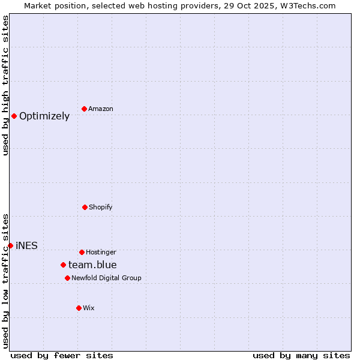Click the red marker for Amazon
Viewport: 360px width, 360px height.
[x=84, y=109]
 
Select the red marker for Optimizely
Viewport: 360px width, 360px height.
[x=14, y=116]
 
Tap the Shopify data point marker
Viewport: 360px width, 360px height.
[x=85, y=207]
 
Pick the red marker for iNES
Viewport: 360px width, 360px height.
[x=10, y=245]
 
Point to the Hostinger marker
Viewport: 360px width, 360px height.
[x=82, y=252]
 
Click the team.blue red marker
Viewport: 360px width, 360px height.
[x=63, y=265]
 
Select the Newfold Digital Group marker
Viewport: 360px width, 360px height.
[x=67, y=278]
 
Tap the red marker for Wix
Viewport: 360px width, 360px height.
[x=79, y=308]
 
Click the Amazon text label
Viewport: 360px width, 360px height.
[x=101, y=109]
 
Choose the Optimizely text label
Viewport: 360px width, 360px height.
[x=44, y=116]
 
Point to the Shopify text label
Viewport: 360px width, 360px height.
[x=101, y=207]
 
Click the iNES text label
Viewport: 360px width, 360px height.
[x=26, y=245]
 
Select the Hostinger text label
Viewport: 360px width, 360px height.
[x=101, y=252]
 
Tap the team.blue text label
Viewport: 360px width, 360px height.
[x=92, y=265]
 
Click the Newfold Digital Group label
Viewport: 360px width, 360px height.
[x=106, y=278]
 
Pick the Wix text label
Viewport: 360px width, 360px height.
[x=89, y=308]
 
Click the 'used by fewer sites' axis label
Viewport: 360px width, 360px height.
[x=62, y=355]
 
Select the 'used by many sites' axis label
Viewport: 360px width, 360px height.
[x=301, y=355]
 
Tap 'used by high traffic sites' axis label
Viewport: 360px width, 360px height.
[x=5, y=85]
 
